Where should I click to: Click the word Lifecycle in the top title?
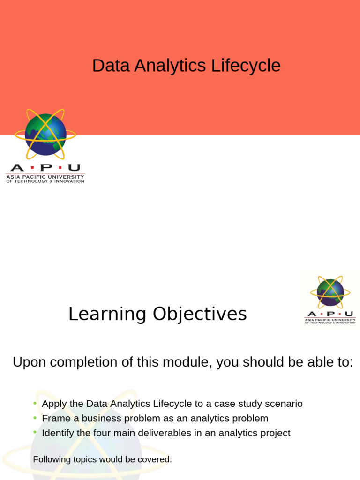coord(246,66)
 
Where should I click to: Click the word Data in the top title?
coord(111,66)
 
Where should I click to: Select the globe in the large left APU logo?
coord(45,135)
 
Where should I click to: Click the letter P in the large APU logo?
coord(45,168)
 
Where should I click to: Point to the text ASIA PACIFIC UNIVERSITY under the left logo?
coord(45,177)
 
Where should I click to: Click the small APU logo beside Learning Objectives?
coord(330,300)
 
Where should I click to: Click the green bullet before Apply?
coord(35,403)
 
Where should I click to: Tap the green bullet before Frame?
coord(35,418)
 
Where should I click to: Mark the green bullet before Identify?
coord(35,432)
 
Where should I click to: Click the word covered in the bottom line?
coord(156,459)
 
